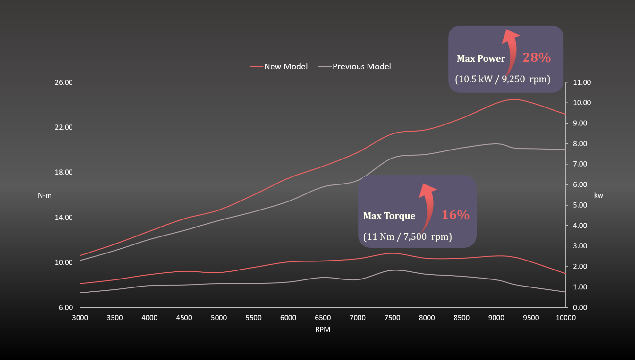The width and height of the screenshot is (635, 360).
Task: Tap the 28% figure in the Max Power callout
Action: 537,57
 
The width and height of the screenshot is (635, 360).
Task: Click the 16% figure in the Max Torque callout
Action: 455,215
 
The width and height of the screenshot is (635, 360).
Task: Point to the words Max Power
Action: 481,58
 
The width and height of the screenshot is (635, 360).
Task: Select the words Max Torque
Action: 389,216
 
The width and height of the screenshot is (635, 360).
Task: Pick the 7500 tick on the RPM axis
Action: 392,318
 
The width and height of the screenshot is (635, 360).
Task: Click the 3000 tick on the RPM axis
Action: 80,318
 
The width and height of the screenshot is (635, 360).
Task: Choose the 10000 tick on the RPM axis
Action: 565,318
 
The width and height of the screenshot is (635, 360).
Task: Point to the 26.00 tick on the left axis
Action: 64,82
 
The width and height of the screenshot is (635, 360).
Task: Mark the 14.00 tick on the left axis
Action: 64,217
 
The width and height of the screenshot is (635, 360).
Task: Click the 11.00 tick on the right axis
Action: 582,82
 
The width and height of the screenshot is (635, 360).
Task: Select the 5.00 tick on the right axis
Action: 580,205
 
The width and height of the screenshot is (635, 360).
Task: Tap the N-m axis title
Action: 45,195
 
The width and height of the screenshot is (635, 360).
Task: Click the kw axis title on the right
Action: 598,195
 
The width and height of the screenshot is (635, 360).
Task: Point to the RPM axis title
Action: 323,329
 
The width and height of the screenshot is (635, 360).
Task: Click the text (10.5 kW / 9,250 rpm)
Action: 503,79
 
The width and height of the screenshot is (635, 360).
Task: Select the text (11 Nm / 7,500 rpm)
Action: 407,236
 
